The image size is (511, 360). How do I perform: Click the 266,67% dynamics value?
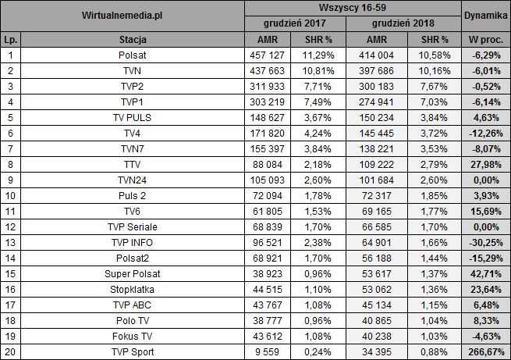(x=484, y=351)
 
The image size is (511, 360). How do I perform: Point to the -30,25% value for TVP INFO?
(x=484, y=242)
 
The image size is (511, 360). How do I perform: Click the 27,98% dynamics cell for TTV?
(x=484, y=164)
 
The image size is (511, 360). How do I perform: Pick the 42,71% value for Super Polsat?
(x=484, y=273)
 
